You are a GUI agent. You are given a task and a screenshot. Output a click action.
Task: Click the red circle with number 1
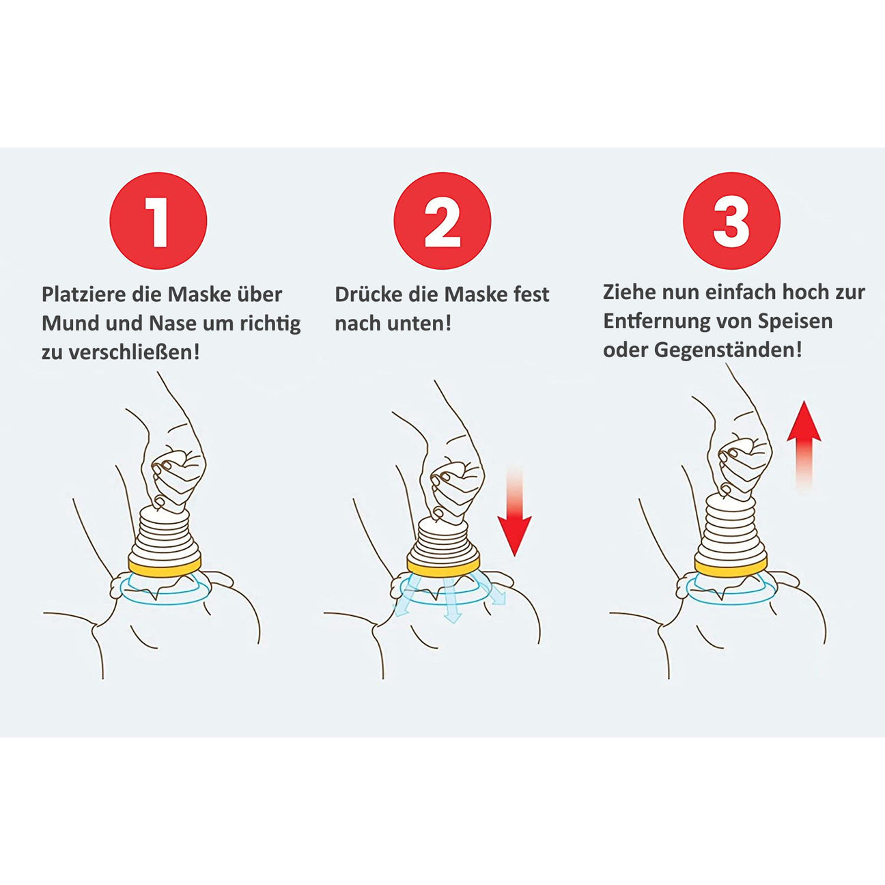[x=158, y=221]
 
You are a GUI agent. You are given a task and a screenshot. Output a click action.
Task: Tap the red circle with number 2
[x=442, y=221]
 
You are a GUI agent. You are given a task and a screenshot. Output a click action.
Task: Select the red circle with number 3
[x=731, y=221]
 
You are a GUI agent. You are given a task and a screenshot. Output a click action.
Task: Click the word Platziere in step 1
[x=83, y=294]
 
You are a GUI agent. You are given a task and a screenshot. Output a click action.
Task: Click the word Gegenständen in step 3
[x=728, y=350]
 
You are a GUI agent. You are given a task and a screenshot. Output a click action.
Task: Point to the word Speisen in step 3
[x=796, y=321]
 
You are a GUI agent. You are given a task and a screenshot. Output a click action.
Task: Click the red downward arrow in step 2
[x=514, y=511]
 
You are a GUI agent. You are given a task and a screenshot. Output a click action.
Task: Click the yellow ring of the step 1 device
[x=165, y=566]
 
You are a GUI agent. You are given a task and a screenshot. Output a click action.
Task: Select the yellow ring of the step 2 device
[x=444, y=566]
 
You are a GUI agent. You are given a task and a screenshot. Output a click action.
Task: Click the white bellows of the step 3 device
[x=731, y=528]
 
